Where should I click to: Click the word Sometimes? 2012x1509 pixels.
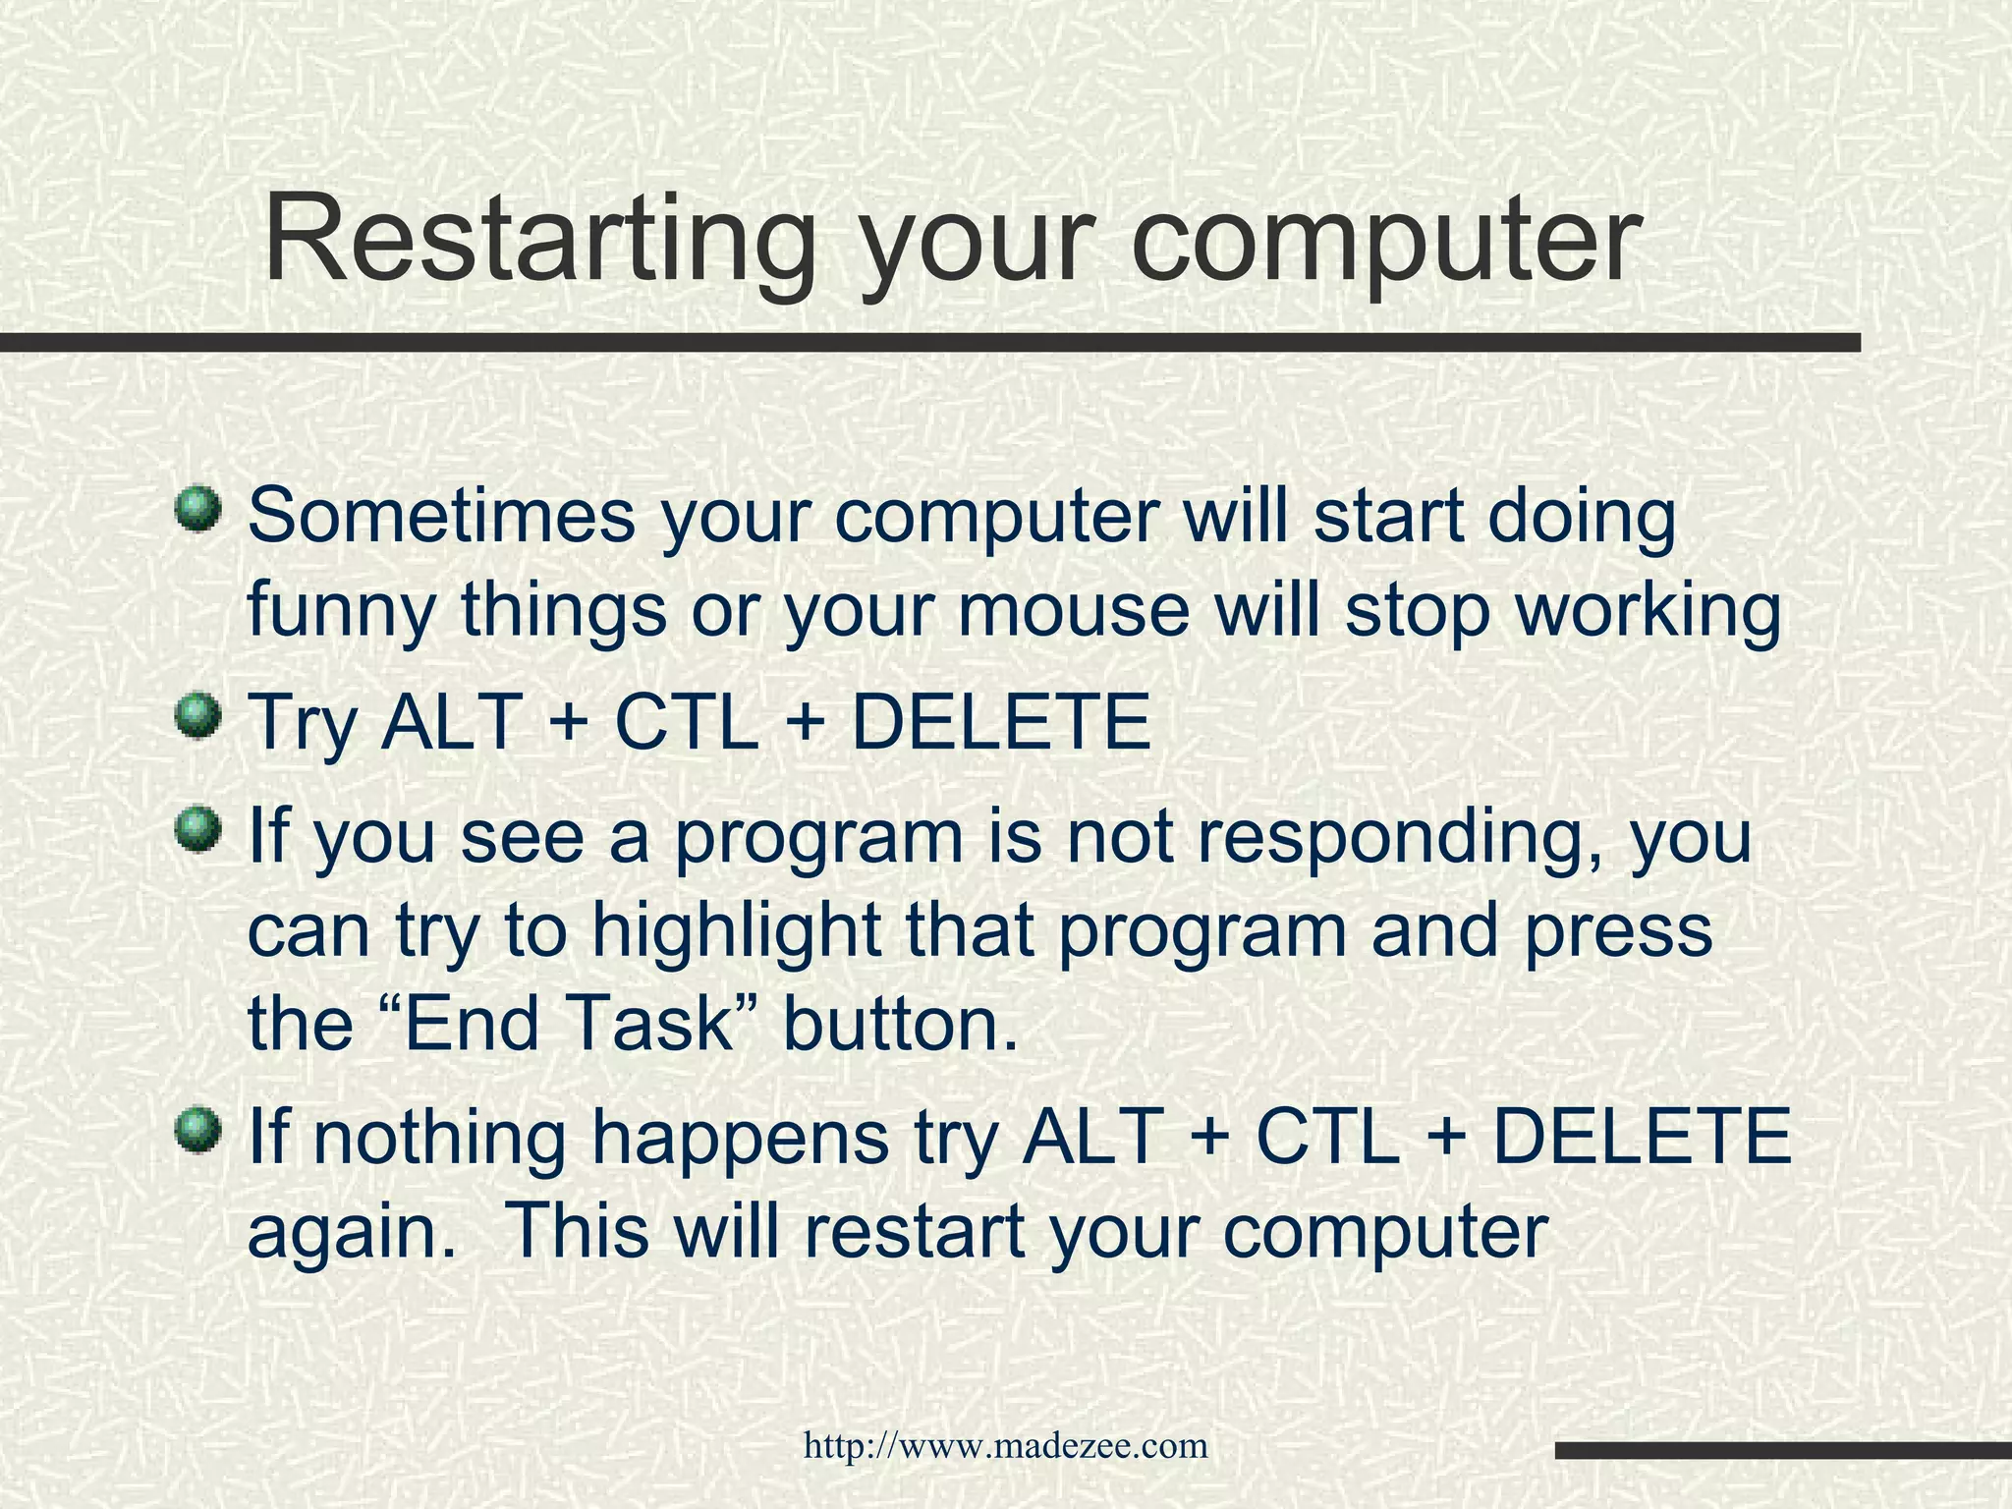click(x=441, y=516)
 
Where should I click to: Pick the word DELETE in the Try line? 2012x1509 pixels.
click(x=999, y=722)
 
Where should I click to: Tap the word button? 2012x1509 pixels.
click(x=899, y=1024)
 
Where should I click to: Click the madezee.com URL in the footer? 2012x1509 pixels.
click(x=1005, y=1446)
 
